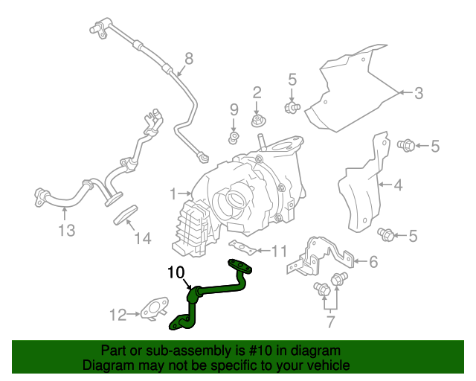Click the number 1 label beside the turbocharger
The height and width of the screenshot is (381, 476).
pos(173,194)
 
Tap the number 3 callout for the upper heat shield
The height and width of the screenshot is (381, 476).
pos(419,93)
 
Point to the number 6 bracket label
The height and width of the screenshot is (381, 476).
pos(373,261)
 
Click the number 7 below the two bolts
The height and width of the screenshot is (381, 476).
pos(329,321)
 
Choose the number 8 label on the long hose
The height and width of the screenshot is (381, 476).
pos(188,58)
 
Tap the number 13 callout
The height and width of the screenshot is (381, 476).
pos(67,231)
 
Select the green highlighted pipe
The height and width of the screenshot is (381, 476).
pos(219,288)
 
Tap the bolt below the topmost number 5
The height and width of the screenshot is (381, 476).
pos(292,108)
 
